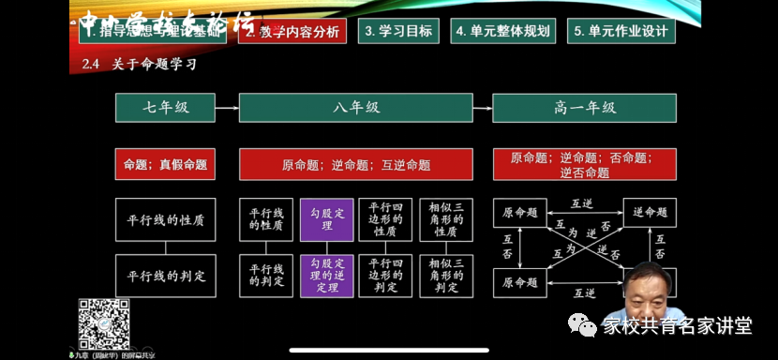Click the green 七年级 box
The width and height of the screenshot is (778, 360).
(166, 108)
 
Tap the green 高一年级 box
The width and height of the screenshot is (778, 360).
(584, 108)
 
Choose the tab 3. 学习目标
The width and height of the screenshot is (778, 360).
(397, 30)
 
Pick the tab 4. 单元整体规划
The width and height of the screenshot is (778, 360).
(503, 30)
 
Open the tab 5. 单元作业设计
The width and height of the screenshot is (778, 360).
(621, 30)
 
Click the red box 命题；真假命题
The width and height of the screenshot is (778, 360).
(165, 164)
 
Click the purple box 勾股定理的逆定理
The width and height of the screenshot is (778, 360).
(326, 276)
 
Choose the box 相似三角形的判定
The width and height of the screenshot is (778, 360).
(445, 276)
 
